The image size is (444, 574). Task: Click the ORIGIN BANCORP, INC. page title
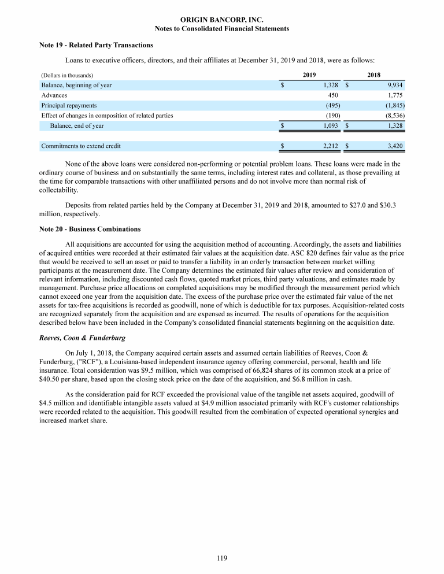tap(222, 20)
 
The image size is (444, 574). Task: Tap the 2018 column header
tap(374, 75)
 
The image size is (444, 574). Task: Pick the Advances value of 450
tap(333, 95)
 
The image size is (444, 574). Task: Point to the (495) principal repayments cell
tap(332, 105)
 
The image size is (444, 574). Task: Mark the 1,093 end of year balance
tap(330, 125)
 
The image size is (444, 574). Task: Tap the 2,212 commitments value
tap(330, 146)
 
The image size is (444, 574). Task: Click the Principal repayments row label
tap(69, 105)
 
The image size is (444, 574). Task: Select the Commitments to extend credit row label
tap(81, 146)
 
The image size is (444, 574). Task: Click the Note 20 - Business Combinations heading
tap(90, 229)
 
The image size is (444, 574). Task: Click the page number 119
tap(222, 558)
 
